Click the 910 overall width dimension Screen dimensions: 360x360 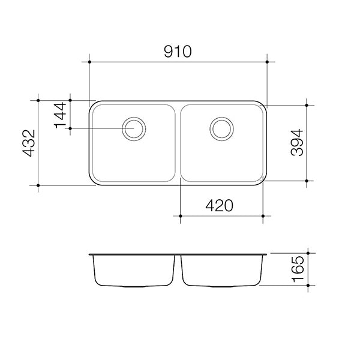[178, 52]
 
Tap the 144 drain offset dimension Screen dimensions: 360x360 [61, 114]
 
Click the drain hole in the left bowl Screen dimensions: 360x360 [133, 128]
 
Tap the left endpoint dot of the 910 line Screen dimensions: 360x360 [89, 62]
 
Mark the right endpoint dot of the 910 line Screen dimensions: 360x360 [266, 62]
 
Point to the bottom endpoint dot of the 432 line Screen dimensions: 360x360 [38, 185]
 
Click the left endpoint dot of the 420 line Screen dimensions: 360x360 [181, 215]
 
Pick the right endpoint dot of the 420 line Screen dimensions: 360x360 [263, 215]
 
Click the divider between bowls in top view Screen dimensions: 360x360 [178, 143]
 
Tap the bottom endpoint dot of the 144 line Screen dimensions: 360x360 [70, 128]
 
